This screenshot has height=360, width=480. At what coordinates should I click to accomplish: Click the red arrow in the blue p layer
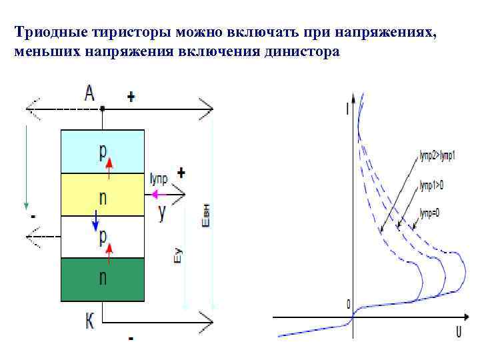[109, 163]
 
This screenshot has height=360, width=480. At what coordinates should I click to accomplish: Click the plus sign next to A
[131, 97]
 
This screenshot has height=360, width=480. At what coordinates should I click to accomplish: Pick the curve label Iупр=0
[431, 213]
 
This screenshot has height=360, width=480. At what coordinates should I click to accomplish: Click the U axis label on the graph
[459, 331]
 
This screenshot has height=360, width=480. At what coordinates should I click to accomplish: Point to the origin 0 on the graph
[348, 305]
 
